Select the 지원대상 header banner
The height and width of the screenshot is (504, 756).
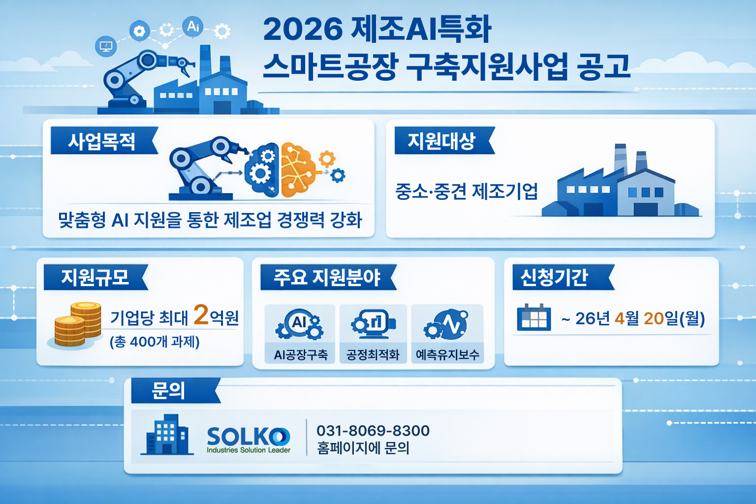tap(444, 140)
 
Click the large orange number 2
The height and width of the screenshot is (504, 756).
tap(201, 315)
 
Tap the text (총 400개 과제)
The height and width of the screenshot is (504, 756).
tap(155, 342)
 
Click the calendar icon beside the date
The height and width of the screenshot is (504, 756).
tap(534, 317)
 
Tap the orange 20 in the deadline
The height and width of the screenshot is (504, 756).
tap(654, 318)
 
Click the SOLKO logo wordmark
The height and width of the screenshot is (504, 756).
tap(249, 437)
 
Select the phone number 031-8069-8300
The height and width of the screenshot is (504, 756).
tap(373, 431)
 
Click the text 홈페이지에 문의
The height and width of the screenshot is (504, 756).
tap(363, 448)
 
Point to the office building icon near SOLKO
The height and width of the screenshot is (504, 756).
tap(167, 435)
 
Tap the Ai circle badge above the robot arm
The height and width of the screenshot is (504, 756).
tap(193, 26)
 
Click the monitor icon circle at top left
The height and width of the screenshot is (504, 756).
tap(106, 46)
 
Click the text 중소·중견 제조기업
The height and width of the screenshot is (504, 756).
tap(467, 191)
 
